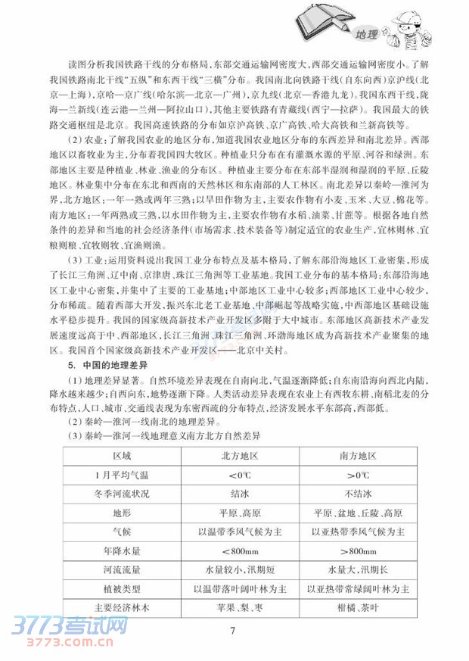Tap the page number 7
coord(234,633)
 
